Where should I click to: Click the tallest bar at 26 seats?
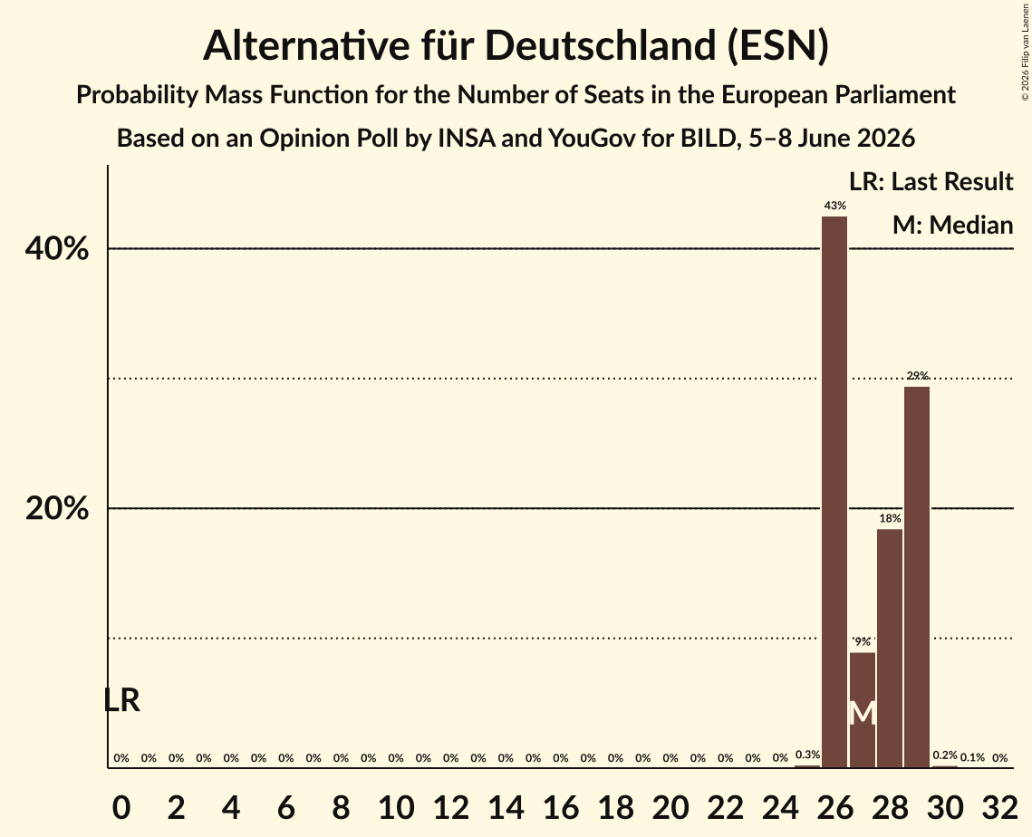click(834, 492)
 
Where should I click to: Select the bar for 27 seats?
click(863, 710)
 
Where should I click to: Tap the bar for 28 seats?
click(890, 649)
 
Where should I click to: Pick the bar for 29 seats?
click(917, 577)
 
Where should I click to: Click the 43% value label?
click(834, 206)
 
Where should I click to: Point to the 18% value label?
click(890, 518)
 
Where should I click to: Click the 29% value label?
click(917, 376)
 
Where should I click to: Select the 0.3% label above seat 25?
click(807, 755)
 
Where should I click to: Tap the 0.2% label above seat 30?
click(944, 755)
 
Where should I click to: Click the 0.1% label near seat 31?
click(972, 757)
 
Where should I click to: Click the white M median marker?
click(863, 713)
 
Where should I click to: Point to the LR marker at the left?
click(122, 700)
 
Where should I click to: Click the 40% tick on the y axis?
click(56, 249)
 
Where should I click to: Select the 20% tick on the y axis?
click(56, 509)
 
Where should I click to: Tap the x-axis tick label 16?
click(561, 807)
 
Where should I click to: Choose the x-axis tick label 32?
click(999, 807)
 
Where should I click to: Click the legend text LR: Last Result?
click(931, 181)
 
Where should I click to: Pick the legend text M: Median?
click(952, 225)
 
